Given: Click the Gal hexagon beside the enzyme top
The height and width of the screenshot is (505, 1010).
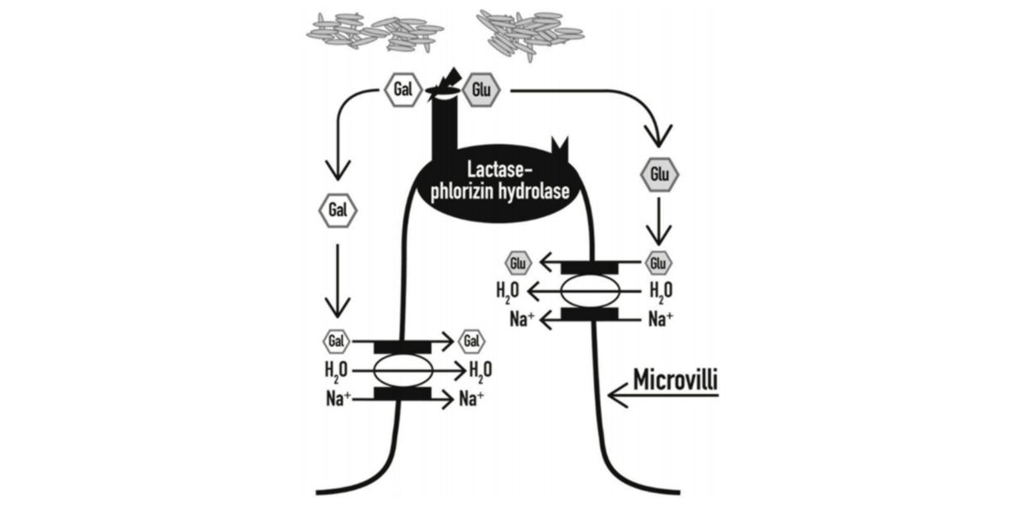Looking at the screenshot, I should point(403,90).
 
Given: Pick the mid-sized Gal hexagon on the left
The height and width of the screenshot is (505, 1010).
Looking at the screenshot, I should point(338,210).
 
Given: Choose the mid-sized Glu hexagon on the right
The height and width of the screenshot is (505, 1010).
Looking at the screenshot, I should point(659,175).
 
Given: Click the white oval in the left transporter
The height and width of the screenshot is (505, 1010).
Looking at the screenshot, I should point(402,369).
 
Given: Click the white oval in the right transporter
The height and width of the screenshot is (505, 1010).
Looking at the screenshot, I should point(590,291).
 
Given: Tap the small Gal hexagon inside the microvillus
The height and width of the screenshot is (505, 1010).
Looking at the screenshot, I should point(470,342).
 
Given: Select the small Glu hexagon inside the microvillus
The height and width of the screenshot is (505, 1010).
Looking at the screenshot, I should point(518,263).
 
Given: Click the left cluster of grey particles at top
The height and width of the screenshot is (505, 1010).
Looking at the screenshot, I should point(375,31).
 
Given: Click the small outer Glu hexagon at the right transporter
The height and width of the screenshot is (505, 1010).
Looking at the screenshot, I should point(659,263).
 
